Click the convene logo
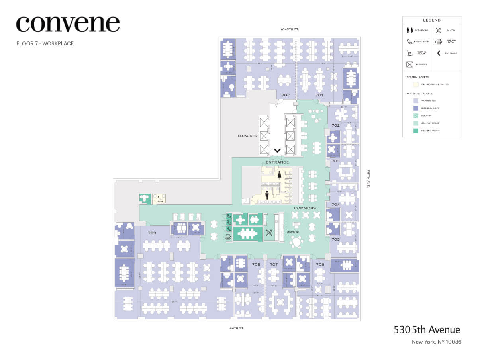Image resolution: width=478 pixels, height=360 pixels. click(x=68, y=24)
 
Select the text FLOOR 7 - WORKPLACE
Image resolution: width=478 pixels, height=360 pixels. click(x=45, y=43)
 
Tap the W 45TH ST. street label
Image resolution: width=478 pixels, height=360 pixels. click(x=290, y=29)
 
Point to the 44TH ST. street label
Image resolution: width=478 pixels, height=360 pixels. click(x=236, y=328)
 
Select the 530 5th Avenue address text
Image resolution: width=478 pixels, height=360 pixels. click(x=427, y=330)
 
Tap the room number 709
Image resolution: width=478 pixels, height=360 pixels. click(x=152, y=233)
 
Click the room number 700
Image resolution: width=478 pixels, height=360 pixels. click(x=286, y=95)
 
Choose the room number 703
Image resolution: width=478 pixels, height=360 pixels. click(x=335, y=161)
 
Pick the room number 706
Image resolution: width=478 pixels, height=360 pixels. click(x=320, y=264)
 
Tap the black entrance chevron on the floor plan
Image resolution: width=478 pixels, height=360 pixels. click(x=277, y=151)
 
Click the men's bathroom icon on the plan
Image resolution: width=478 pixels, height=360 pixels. click(x=267, y=195)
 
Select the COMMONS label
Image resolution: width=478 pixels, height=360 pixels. click(x=305, y=208)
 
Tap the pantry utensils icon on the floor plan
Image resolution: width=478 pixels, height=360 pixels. click(x=269, y=233)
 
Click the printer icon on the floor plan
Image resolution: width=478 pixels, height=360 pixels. click(x=228, y=237)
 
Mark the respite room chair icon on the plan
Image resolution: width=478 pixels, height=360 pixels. click(x=160, y=198)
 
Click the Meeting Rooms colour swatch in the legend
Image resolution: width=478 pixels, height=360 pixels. click(x=415, y=131)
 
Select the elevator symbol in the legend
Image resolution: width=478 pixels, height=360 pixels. click(x=409, y=64)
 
